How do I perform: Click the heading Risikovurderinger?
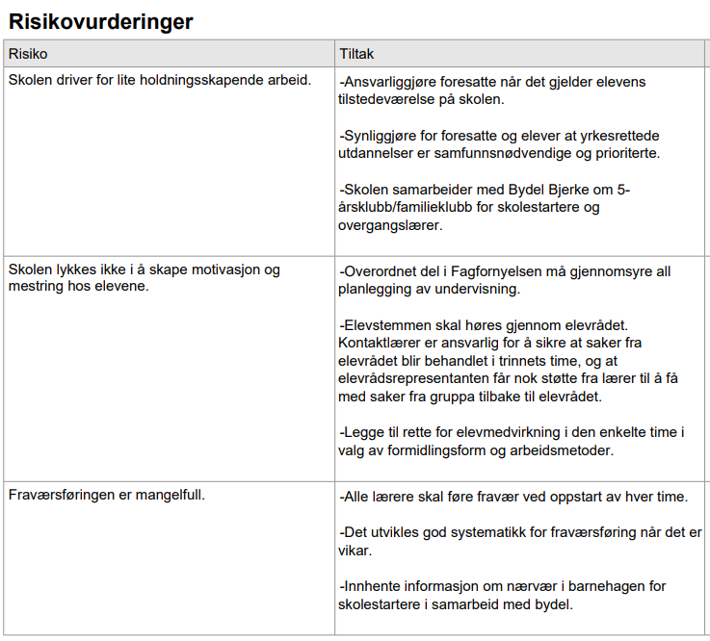[100, 20]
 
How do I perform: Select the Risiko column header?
[28, 54]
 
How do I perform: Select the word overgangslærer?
[389, 225]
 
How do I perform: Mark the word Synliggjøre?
[382, 136]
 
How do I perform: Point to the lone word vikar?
[355, 551]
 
